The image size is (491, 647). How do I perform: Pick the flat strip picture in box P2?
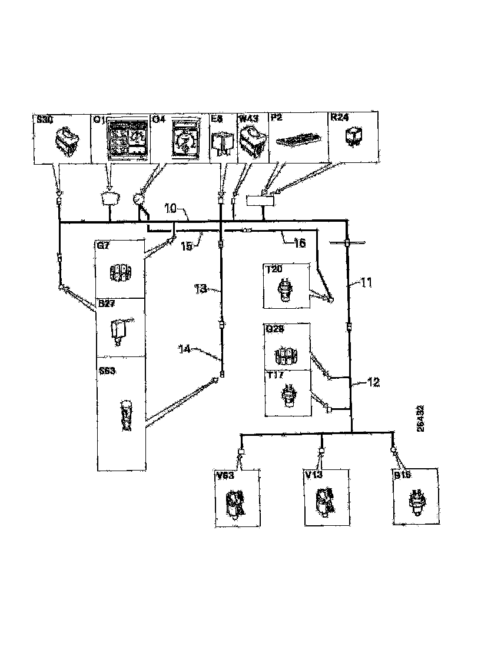[298, 141]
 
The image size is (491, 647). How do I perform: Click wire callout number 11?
[366, 283]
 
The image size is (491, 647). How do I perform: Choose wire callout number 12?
[372, 382]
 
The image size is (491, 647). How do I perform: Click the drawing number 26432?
[420, 418]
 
